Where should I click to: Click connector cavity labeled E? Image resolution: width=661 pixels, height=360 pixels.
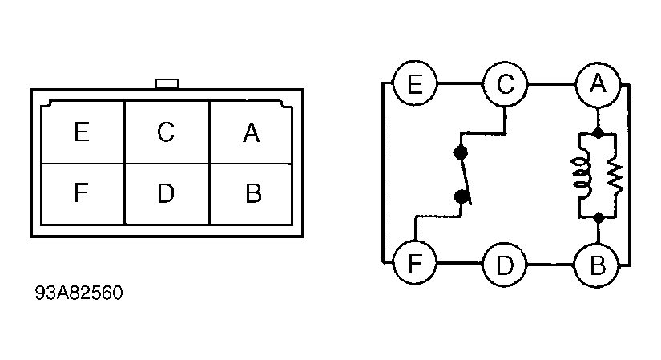(x=83, y=132)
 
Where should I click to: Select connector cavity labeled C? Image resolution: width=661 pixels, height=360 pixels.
(x=167, y=132)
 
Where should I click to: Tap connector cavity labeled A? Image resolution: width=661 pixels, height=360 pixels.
(x=251, y=132)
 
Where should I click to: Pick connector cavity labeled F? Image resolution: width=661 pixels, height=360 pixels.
(x=83, y=194)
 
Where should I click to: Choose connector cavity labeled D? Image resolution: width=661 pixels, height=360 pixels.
(x=167, y=194)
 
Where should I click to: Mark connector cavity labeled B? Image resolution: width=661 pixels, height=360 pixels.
(x=251, y=194)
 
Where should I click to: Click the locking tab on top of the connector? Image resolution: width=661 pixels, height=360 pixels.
(x=167, y=83)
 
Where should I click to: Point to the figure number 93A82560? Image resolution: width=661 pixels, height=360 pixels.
(x=79, y=293)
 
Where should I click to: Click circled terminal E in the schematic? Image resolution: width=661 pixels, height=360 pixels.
(x=415, y=83)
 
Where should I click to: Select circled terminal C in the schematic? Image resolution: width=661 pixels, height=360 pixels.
(x=505, y=84)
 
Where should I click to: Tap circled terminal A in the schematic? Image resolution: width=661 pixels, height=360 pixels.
(x=598, y=83)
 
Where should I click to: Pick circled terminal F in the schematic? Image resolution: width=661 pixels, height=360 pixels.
(x=415, y=263)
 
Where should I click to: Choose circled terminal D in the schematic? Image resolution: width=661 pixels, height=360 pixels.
(x=505, y=265)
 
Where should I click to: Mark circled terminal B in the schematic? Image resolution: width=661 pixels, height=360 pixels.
(x=598, y=265)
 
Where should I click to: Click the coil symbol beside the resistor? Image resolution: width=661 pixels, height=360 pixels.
(x=582, y=173)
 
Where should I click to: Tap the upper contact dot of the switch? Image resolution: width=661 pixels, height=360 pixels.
(x=461, y=152)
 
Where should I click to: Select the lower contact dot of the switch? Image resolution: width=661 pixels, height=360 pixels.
(x=461, y=196)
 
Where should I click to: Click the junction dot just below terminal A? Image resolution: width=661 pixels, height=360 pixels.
(x=598, y=133)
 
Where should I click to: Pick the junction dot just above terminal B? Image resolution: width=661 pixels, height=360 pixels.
(x=599, y=218)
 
